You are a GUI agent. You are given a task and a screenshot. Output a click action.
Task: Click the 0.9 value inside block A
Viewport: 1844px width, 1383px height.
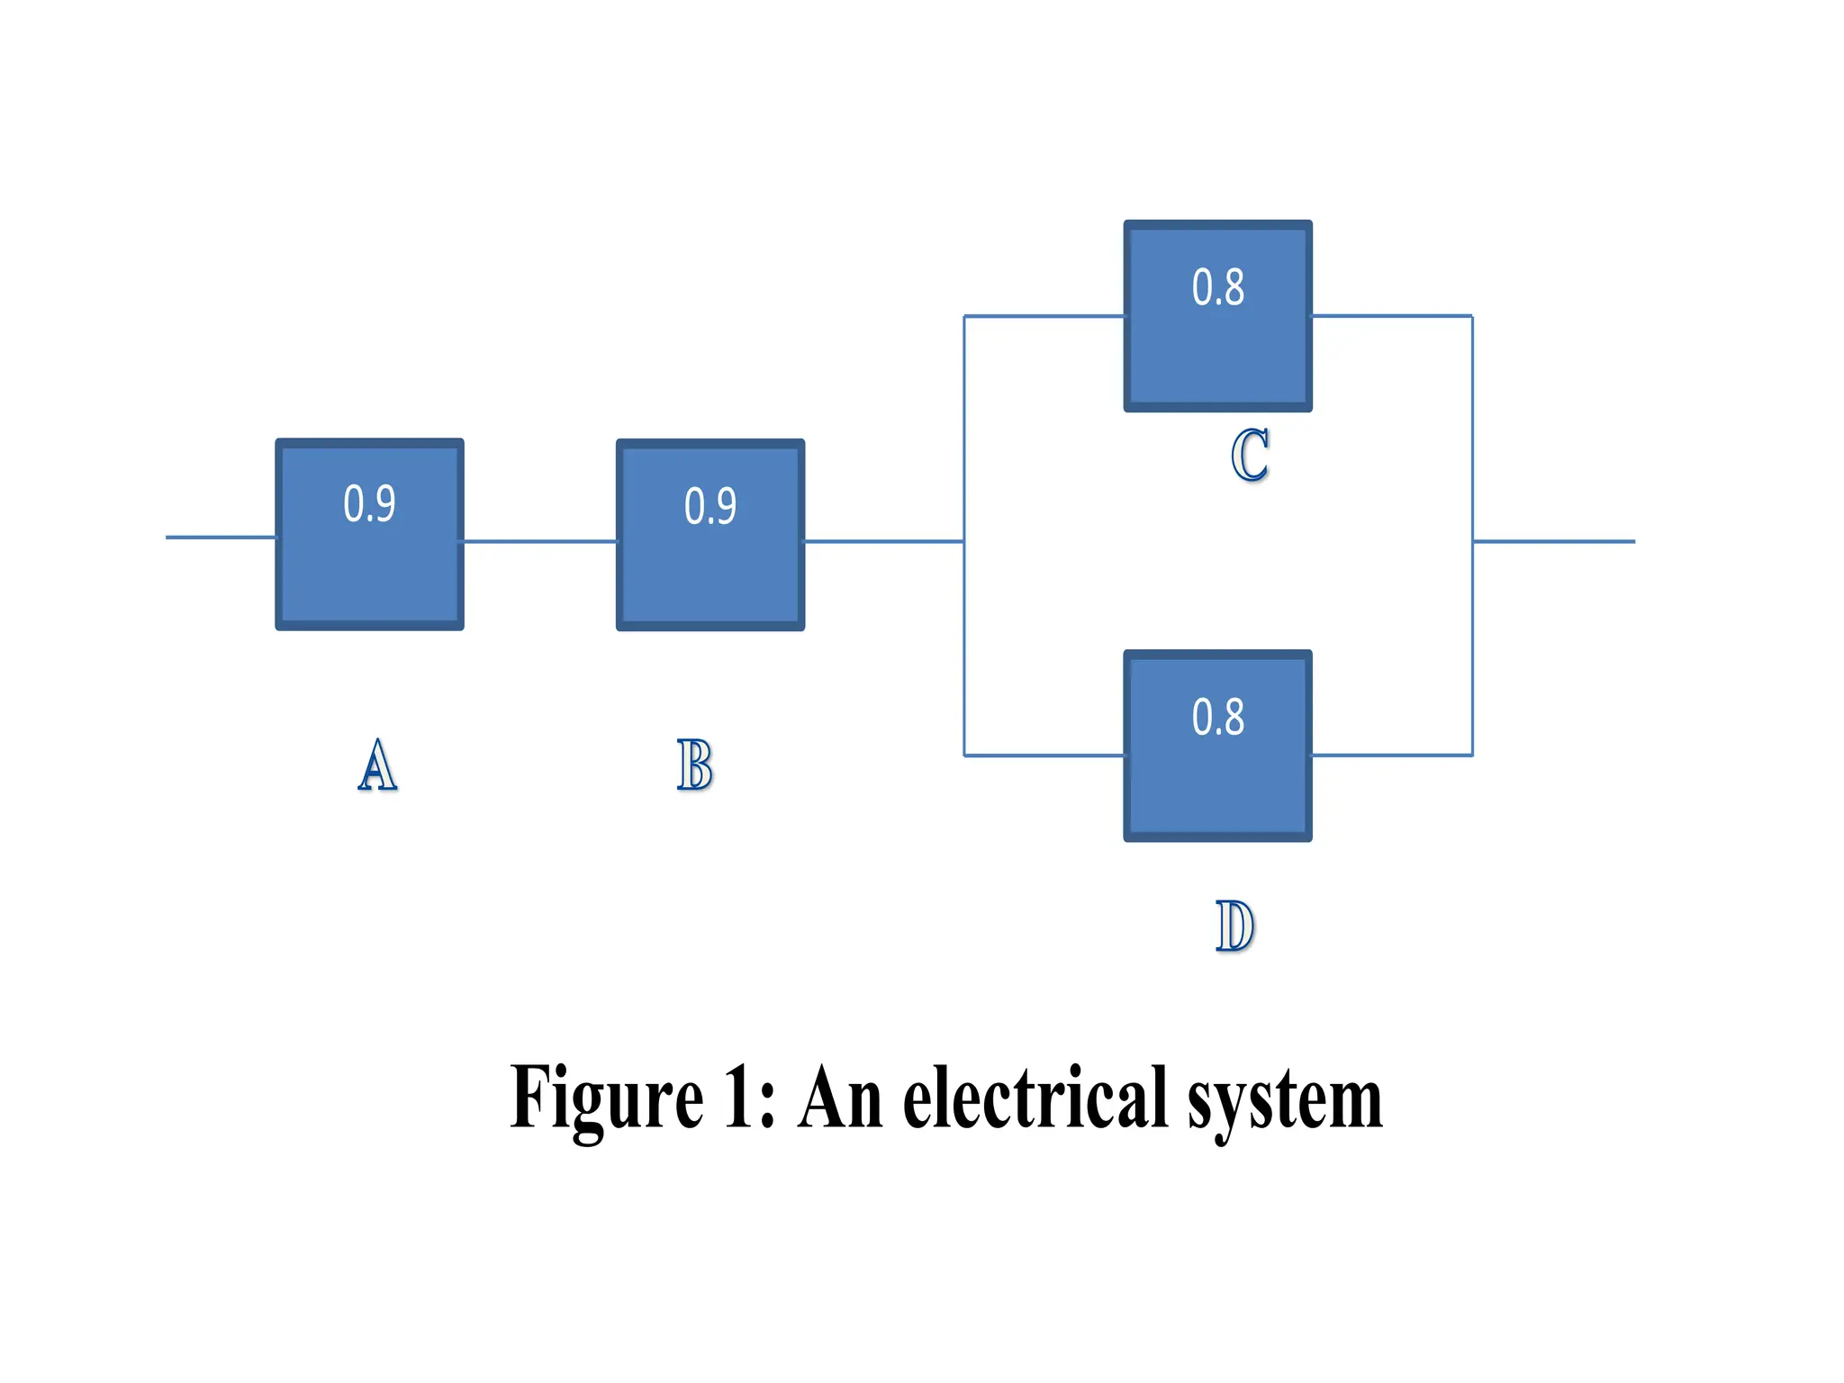369,504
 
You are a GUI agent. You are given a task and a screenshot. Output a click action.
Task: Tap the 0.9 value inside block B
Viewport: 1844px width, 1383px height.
710,506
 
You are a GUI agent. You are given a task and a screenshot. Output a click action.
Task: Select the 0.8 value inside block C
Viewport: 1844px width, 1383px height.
1218,288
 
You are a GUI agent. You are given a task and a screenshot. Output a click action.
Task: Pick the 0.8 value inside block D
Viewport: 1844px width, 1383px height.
1218,718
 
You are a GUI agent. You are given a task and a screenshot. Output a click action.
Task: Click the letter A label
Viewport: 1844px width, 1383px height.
377,765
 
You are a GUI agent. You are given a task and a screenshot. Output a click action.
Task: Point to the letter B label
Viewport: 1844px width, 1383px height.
695,765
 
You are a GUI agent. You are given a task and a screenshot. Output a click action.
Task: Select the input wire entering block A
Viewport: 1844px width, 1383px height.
221,538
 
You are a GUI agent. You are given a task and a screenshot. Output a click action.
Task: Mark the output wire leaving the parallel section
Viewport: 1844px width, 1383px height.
1553,541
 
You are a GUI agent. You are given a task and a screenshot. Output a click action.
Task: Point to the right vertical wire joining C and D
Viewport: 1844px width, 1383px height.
1472,648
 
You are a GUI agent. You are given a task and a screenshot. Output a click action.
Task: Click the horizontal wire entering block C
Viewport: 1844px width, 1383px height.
1044,316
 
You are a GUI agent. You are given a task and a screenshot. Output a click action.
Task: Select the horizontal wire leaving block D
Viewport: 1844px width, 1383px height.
1391,755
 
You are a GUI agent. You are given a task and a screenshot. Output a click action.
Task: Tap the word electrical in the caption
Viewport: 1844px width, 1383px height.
1035,1098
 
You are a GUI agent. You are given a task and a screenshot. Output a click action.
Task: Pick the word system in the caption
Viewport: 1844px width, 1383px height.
1285,1103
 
